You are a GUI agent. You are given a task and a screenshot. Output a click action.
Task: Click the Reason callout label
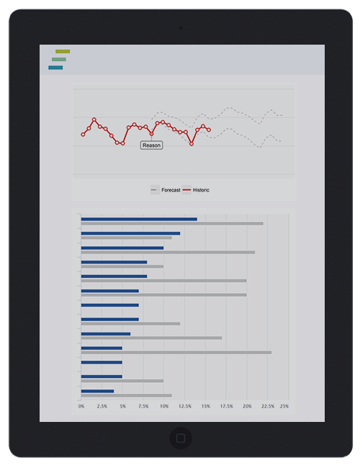click(x=151, y=145)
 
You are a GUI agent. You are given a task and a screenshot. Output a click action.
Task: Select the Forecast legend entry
click(x=166, y=190)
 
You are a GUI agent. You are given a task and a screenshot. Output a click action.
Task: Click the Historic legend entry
click(x=196, y=190)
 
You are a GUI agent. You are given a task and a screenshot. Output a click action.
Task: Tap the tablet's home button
click(x=181, y=438)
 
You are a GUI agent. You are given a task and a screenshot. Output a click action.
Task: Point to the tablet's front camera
click(x=181, y=28)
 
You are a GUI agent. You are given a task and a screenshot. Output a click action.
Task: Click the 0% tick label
click(x=81, y=406)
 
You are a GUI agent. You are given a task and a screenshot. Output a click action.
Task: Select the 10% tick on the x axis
click(x=164, y=406)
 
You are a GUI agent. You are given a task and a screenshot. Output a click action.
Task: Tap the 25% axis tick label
click(x=284, y=406)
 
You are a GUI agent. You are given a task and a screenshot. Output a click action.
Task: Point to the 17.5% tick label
click(x=227, y=406)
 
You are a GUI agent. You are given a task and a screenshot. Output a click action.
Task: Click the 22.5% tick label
click(x=268, y=406)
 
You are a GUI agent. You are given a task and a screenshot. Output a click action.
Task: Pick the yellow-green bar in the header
click(x=63, y=52)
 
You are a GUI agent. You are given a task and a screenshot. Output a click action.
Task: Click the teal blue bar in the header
click(x=55, y=68)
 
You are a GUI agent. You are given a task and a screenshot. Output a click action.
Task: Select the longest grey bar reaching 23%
click(x=176, y=353)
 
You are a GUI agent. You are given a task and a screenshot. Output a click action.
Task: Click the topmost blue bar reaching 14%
click(x=139, y=219)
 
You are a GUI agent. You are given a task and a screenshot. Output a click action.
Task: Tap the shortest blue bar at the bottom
click(x=97, y=391)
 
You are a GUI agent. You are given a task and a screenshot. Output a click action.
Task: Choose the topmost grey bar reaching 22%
click(x=172, y=223)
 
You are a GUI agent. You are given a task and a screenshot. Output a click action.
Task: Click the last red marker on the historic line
click(x=209, y=130)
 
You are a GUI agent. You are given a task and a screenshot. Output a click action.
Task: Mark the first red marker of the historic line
click(x=83, y=135)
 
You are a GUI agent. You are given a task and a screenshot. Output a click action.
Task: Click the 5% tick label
click(x=122, y=406)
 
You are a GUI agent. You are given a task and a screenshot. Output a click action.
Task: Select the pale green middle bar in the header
click(x=59, y=59)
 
